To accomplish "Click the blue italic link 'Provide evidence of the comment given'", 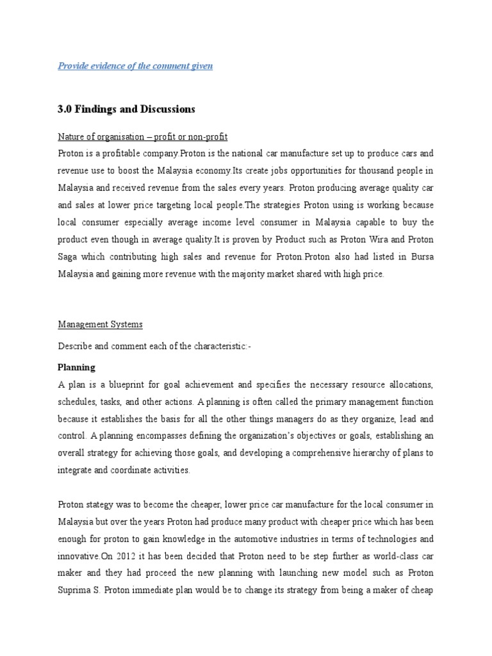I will pyautogui.click(x=135, y=66).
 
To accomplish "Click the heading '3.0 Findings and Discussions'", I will pyautogui.click(x=126, y=109).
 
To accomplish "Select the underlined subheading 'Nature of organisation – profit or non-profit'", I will pyautogui.click(x=142, y=137).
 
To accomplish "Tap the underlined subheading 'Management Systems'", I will pyautogui.click(x=100, y=325).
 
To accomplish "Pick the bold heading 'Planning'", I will pyautogui.click(x=76, y=367).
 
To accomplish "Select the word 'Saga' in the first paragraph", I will pyautogui.click(x=69, y=257).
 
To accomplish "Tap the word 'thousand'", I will pyautogui.click(x=365, y=171).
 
